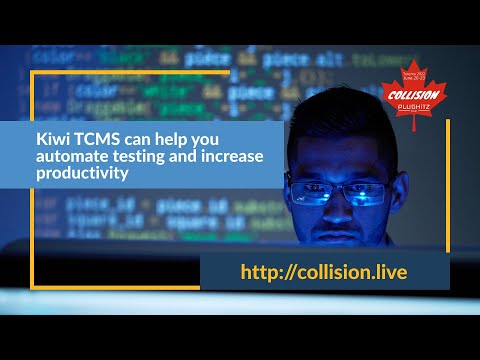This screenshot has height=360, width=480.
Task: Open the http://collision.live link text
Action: (x=323, y=272)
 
